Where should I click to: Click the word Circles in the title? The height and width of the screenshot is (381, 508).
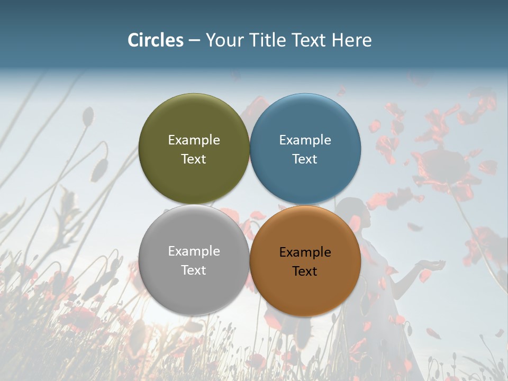tap(156, 40)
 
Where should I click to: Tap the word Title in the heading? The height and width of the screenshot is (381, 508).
tap(267, 40)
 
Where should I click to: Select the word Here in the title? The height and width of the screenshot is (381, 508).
tap(352, 40)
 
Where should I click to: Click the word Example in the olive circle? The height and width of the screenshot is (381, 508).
tap(194, 140)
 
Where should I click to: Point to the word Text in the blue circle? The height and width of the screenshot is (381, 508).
tap(305, 159)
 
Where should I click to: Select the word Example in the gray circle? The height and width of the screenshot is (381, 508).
tap(194, 251)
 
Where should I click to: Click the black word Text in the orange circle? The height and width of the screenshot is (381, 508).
tap(305, 271)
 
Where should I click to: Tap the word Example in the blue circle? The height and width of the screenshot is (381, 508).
tap(305, 140)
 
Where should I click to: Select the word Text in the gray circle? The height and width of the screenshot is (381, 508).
tap(194, 270)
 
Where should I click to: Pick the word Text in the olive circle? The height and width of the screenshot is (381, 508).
tap(194, 159)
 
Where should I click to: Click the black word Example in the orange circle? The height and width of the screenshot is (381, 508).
tap(305, 252)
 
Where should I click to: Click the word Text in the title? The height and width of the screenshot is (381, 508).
tap(309, 40)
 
